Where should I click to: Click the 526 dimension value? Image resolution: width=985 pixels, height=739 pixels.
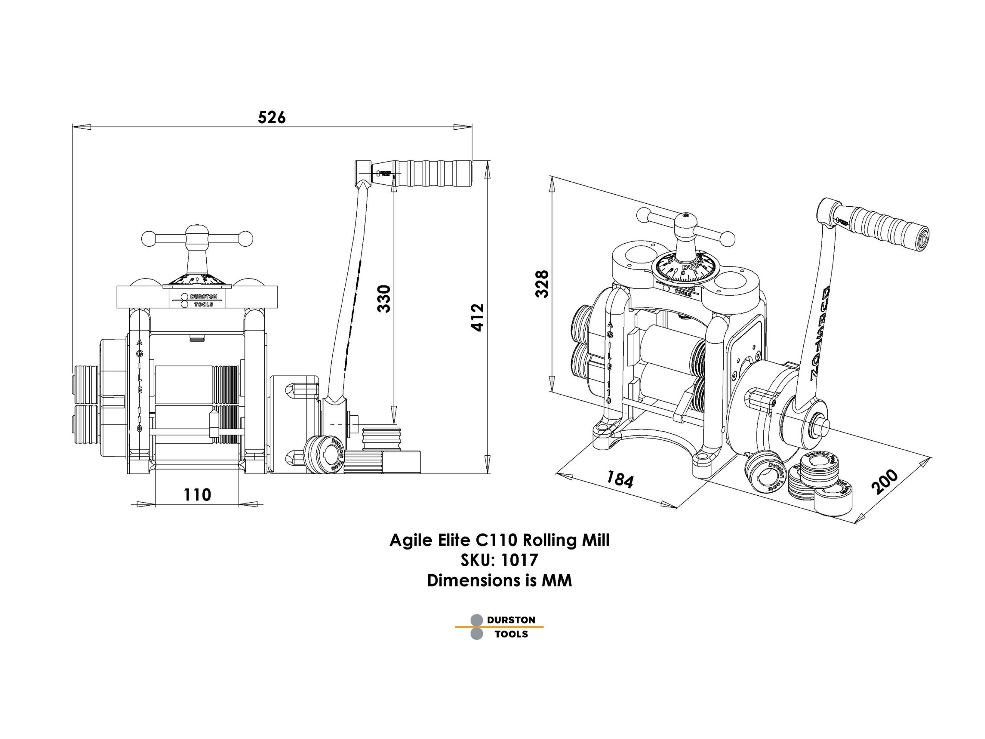272,118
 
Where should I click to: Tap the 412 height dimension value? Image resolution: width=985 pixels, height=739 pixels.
477,317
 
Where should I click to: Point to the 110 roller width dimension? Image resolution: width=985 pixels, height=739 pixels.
197,495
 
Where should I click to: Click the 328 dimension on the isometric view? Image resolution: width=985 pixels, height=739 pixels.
542,283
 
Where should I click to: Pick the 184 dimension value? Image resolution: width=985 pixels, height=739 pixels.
620,480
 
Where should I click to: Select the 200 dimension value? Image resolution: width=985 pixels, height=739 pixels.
885,482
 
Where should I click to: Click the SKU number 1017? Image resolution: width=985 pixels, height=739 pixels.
520,560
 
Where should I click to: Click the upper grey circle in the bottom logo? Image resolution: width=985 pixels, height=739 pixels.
476,620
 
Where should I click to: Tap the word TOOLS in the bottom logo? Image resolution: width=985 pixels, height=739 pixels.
511,634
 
